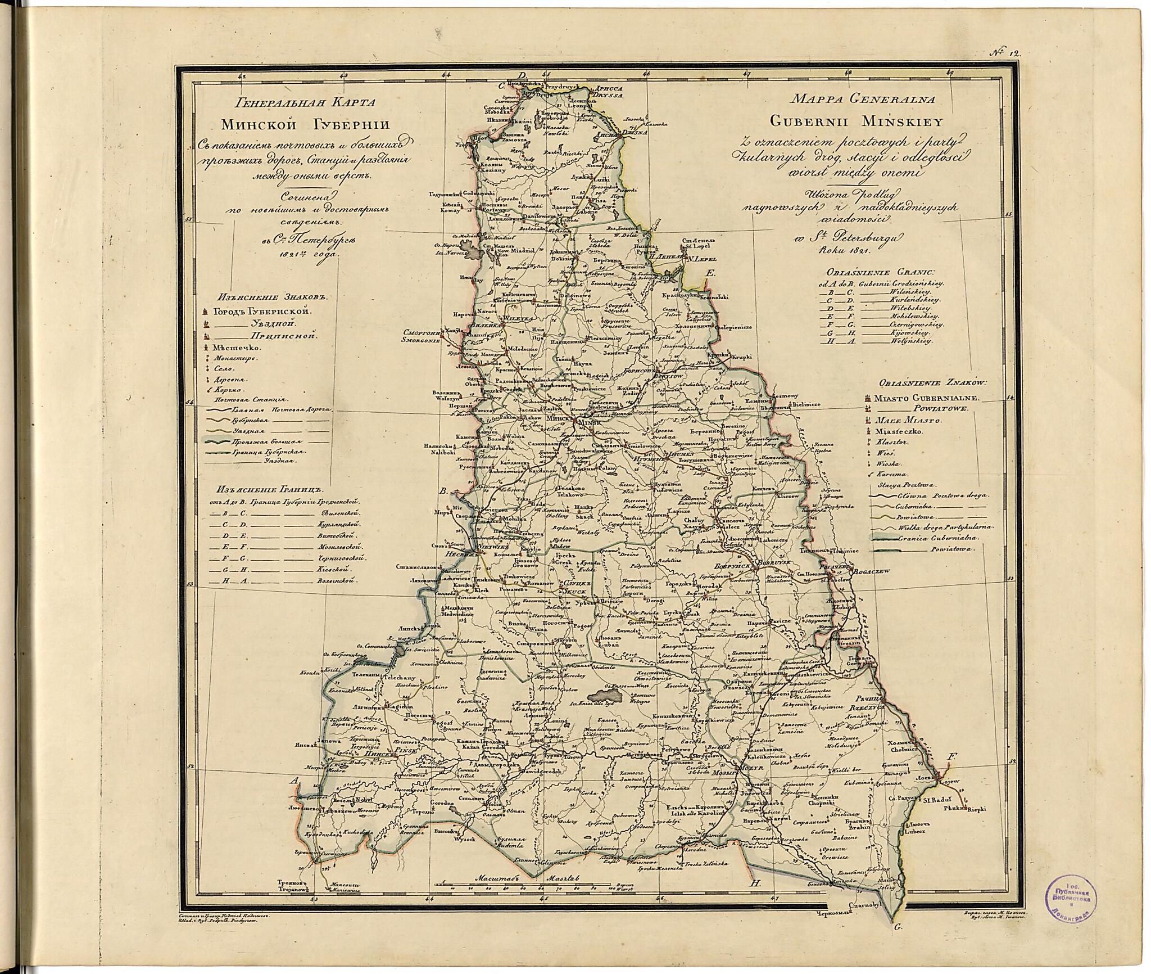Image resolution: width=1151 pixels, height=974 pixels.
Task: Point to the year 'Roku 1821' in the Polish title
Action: click(x=832, y=248)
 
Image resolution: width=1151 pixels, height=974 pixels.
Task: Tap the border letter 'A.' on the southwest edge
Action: click(x=292, y=781)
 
